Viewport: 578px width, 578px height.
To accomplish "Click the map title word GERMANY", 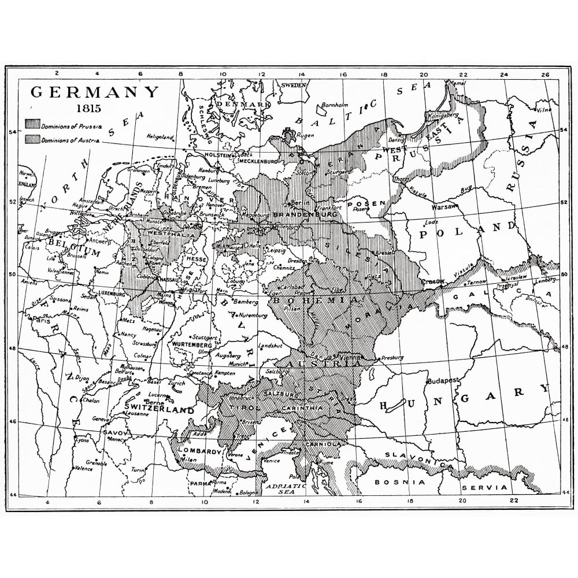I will click(x=94, y=93).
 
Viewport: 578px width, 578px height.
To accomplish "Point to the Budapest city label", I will click(x=442, y=381).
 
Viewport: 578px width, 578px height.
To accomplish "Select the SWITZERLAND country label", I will click(x=159, y=409).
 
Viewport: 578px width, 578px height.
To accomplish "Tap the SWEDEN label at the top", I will click(x=292, y=84).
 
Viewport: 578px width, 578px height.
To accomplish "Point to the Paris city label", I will click(x=40, y=318).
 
